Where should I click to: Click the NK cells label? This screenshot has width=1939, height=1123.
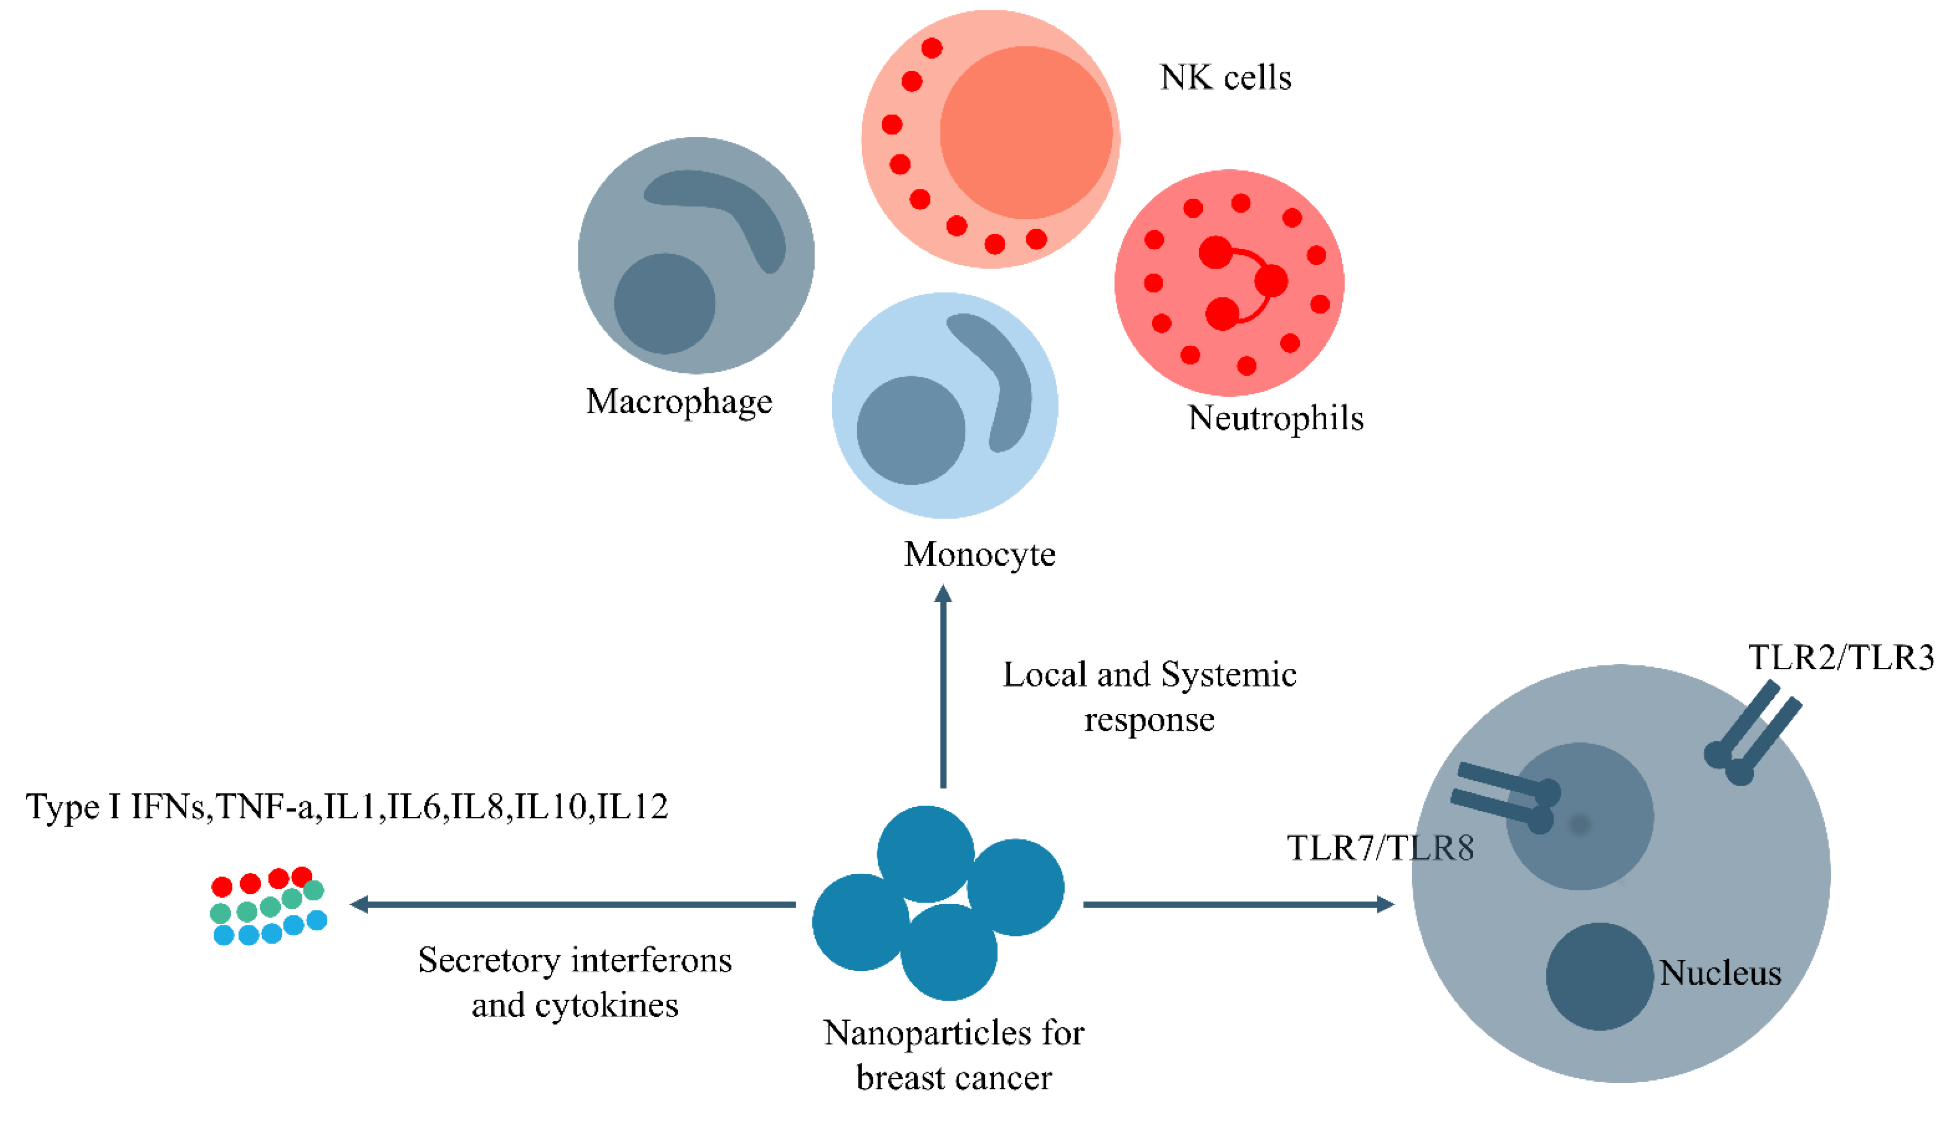click(x=1225, y=78)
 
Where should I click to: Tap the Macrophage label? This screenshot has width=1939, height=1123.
click(x=679, y=402)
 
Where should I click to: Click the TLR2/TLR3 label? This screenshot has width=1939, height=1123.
click(x=1840, y=657)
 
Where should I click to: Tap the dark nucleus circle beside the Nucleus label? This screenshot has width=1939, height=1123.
click(x=1599, y=976)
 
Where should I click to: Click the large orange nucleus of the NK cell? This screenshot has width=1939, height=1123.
click(x=1026, y=132)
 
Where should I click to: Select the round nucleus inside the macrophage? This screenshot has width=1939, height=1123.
click(x=664, y=304)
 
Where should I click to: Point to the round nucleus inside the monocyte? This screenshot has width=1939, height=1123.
click(x=910, y=431)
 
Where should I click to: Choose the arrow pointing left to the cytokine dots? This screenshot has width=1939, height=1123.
click(x=573, y=905)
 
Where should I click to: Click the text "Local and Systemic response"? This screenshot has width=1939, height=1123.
click(x=1150, y=697)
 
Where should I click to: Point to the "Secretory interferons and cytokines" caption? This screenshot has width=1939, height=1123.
click(x=575, y=982)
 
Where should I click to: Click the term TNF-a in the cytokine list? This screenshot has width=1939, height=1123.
click(x=265, y=807)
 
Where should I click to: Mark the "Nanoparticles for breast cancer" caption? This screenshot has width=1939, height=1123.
click(x=953, y=1055)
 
